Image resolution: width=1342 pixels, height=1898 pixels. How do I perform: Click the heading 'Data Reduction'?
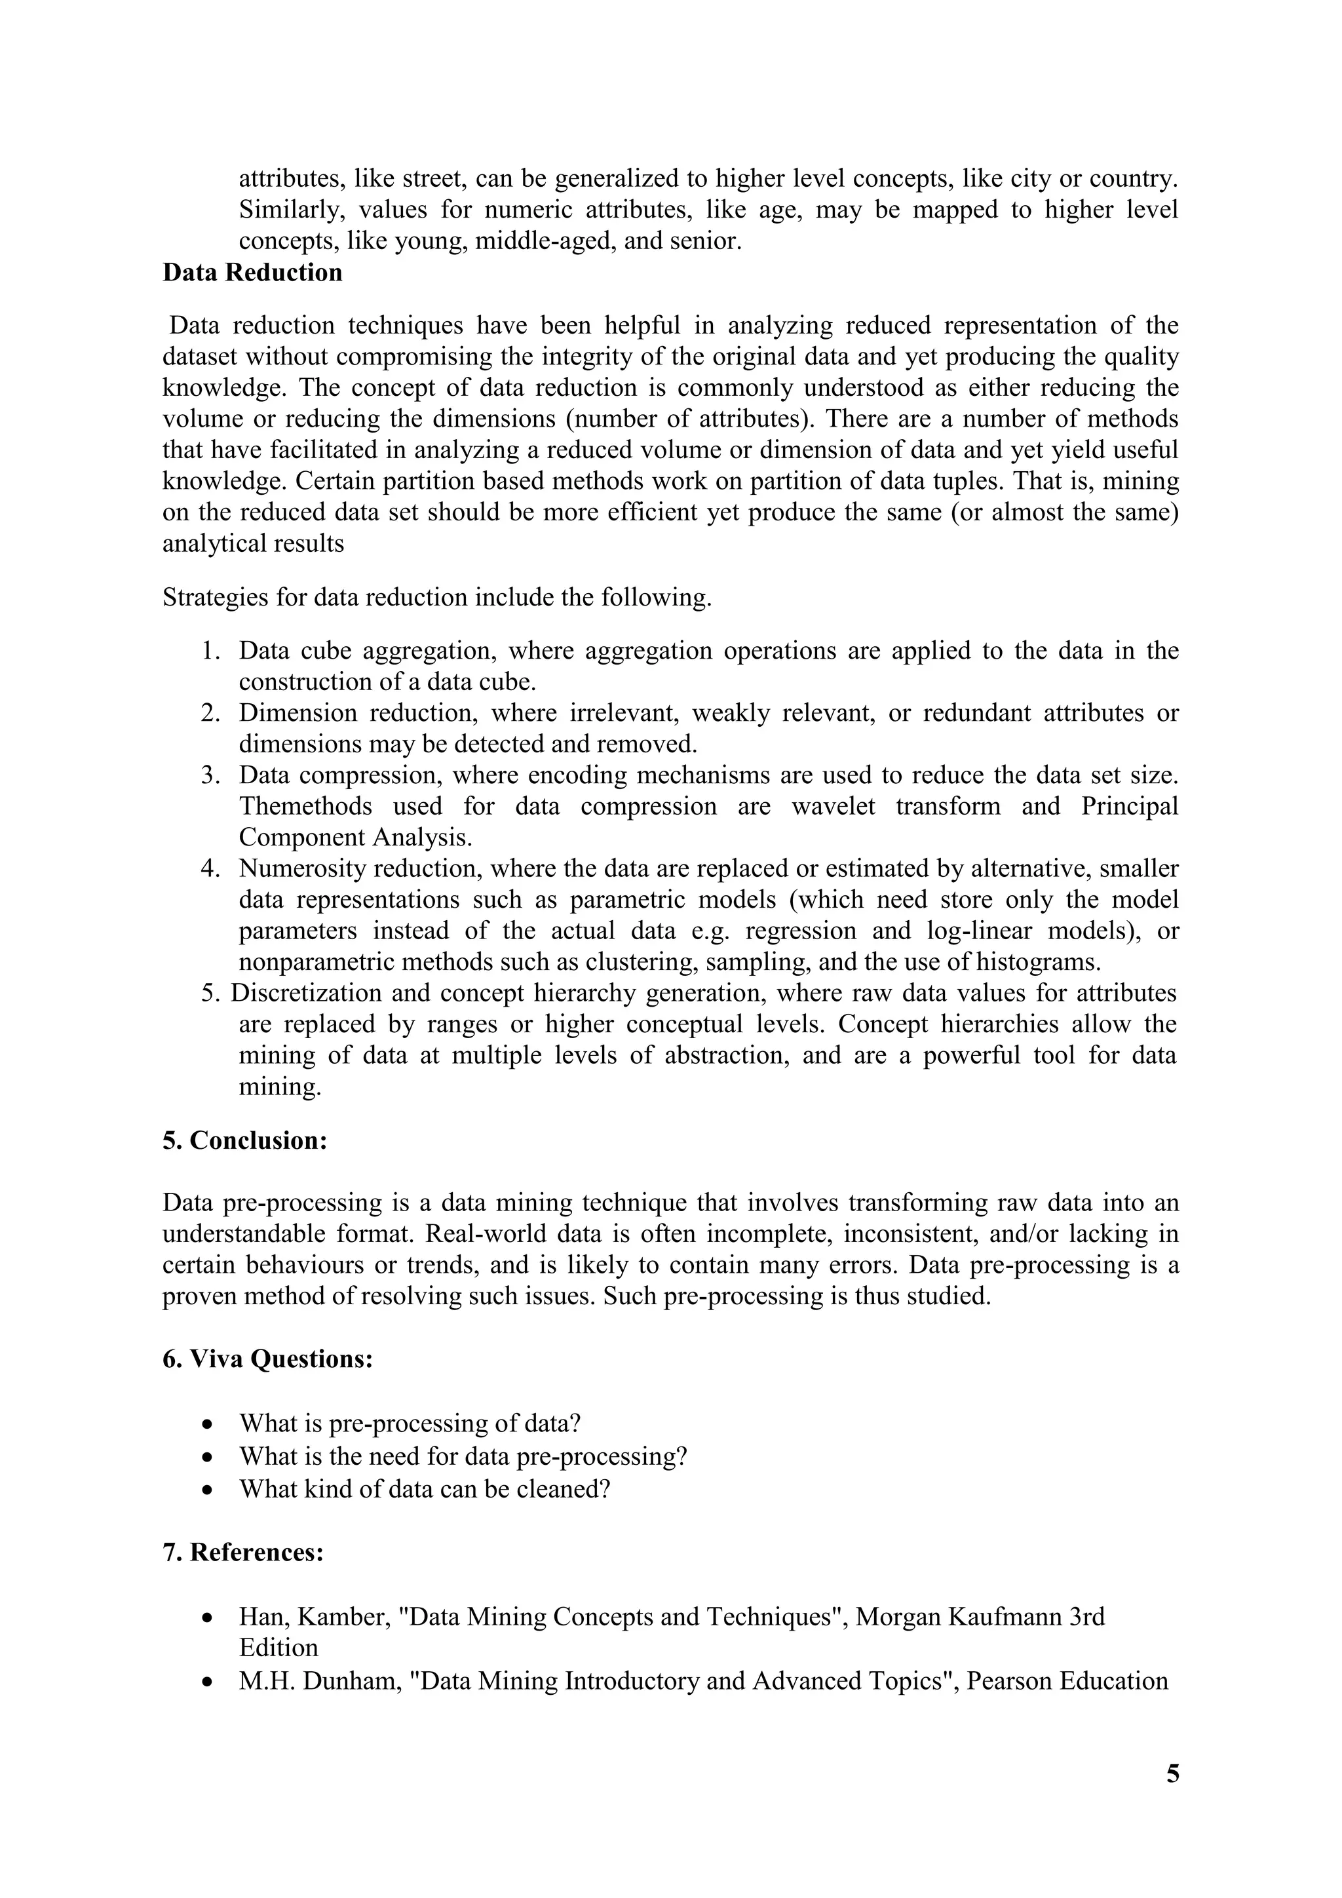pos(252,273)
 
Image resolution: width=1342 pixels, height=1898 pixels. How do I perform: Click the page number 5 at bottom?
pos(1172,1773)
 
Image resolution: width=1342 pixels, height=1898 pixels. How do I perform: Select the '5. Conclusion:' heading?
pos(246,1141)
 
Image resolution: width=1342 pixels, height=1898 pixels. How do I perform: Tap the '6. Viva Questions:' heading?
pos(268,1359)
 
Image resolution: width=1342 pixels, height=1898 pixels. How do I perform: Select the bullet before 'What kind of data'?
pos(209,1490)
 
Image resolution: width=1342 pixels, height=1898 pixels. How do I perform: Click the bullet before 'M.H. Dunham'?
pos(209,1682)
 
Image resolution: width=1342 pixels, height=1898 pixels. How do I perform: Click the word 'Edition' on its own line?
pos(278,1648)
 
